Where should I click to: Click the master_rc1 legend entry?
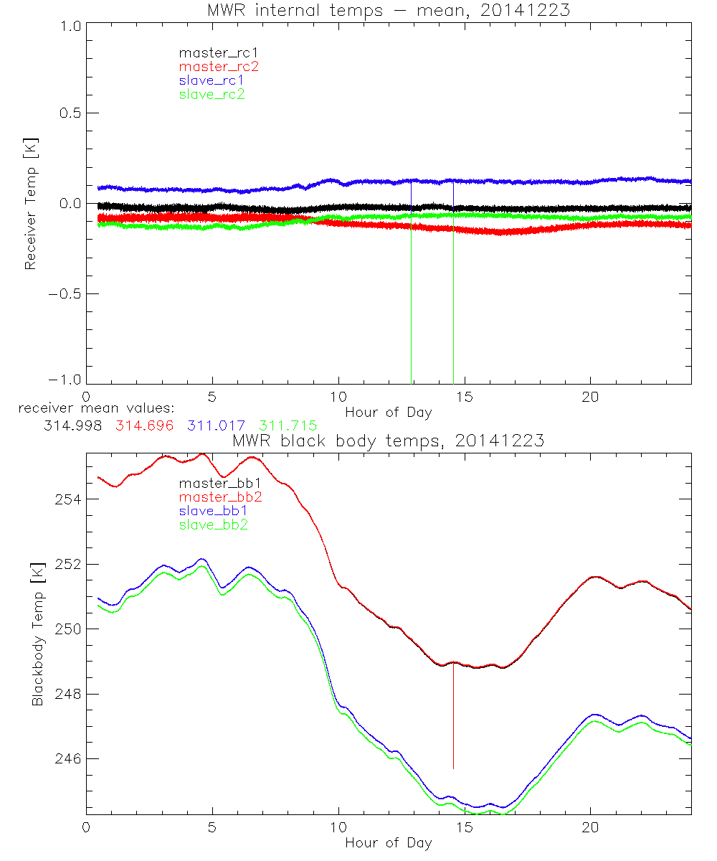(x=212, y=52)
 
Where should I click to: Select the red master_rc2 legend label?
(x=219, y=67)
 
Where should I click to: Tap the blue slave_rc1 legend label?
(x=212, y=80)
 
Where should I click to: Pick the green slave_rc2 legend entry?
(x=212, y=94)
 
